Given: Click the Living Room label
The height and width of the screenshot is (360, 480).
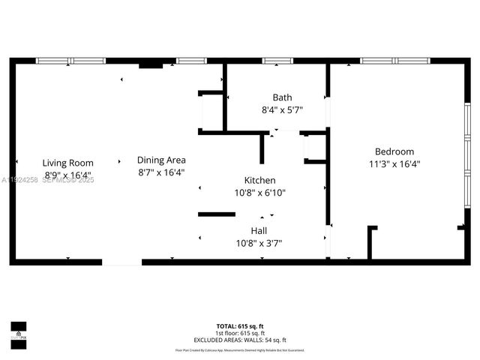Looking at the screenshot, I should (67, 163).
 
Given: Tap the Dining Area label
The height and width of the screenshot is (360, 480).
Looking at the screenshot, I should (161, 160).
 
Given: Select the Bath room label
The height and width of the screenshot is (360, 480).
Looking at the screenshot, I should (282, 97).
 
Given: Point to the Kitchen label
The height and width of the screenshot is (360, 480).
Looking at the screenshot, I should (259, 181).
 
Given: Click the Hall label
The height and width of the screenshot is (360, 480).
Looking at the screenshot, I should (259, 231).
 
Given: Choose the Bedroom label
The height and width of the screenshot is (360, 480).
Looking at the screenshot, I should (394, 151).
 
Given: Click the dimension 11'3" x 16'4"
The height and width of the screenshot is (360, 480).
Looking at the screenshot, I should (394, 164).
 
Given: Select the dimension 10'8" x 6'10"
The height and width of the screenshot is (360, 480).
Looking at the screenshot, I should (260, 193).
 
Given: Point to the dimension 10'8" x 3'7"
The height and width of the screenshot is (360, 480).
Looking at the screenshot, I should (259, 243).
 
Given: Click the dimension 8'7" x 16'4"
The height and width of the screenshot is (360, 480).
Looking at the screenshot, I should (161, 172).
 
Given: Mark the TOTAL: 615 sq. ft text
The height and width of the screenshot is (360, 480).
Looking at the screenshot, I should (240, 326).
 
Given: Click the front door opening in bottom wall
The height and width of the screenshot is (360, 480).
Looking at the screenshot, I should (121, 262).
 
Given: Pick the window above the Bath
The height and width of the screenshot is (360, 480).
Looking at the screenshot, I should (277, 61).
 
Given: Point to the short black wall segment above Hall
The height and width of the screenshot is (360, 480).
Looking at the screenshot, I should (217, 214).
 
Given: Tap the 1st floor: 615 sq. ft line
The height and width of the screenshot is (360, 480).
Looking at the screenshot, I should (240, 332).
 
